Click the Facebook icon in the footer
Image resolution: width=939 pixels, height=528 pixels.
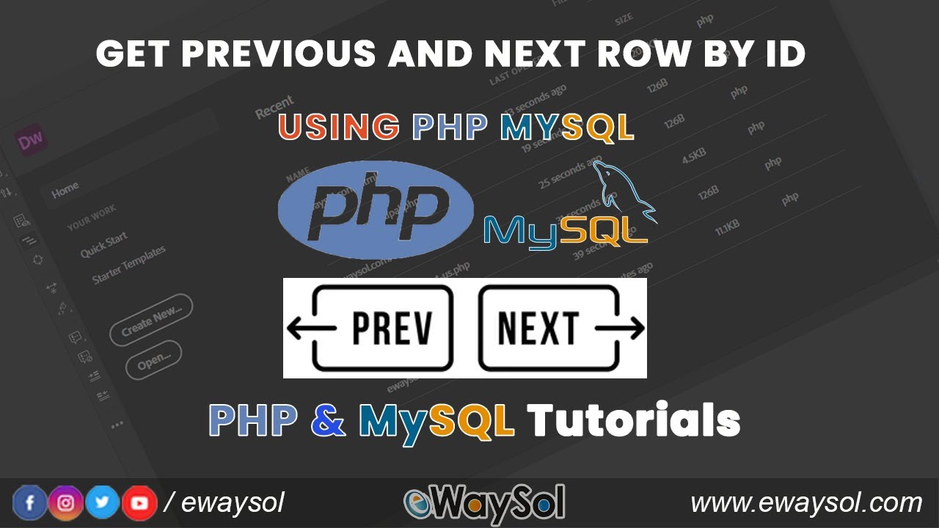30,503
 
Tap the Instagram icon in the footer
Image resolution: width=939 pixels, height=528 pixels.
66,503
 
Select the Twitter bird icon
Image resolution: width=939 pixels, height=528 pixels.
103,503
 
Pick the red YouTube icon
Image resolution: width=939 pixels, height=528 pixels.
139,503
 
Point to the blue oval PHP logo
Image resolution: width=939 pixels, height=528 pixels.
376,210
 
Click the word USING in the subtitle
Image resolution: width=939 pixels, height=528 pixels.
339,127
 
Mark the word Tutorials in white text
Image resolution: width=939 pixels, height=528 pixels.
633,421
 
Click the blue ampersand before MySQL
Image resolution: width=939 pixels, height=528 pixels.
328,421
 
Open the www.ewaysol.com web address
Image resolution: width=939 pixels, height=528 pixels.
806,503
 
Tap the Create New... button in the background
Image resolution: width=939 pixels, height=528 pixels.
151,320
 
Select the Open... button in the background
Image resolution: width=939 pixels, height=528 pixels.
153,360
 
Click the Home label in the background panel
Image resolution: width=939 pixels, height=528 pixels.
65,189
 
